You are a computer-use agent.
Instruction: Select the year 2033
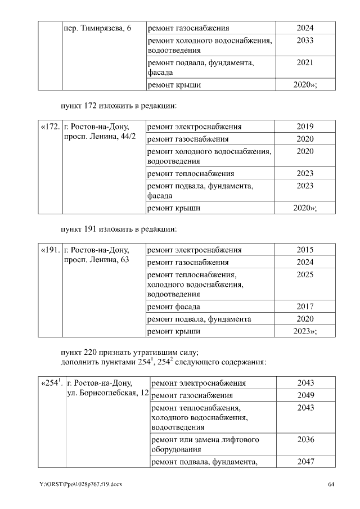click(305, 40)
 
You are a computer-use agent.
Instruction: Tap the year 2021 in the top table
click(305, 63)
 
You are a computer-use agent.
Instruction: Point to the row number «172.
click(50, 127)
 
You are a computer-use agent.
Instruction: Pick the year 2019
click(305, 127)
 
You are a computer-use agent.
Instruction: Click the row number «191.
click(50, 250)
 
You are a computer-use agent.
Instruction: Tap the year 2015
click(305, 250)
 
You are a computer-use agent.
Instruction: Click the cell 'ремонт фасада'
click(174, 307)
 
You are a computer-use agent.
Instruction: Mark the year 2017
click(305, 307)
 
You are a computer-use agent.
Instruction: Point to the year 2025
click(305, 274)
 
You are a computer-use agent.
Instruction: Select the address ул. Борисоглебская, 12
click(107, 393)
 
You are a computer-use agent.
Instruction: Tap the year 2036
click(305, 439)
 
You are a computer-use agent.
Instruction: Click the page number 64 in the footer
click(331, 484)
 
